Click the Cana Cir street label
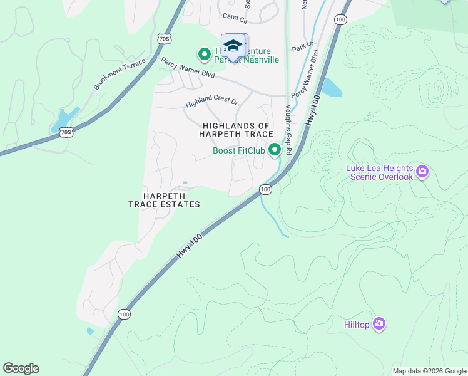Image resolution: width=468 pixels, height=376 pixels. pos(236,17)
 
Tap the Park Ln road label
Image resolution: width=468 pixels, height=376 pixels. pos(302,48)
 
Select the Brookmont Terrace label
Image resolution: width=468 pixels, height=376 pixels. pos(120,75)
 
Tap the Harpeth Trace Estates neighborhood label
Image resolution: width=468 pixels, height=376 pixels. pos(164,200)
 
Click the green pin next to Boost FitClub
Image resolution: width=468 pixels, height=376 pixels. pos(274,150)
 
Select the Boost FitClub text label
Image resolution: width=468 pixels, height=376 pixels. pos(240,150)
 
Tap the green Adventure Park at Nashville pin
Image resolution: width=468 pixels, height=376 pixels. pos(204,55)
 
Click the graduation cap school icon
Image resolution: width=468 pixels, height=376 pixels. pos(233,46)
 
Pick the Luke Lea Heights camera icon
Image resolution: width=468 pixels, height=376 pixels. pos(422,171)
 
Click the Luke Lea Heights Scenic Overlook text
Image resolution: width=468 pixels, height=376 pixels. pos(380,172)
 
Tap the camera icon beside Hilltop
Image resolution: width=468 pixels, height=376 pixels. pos(379,324)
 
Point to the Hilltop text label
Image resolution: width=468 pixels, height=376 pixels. pos(357,325)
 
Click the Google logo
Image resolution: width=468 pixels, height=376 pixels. pos(21,368)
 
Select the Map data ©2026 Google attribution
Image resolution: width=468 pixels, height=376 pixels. pos(429,371)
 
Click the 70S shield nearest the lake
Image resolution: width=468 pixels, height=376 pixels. pos(66,132)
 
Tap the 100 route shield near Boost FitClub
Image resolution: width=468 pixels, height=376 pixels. pos(265,189)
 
